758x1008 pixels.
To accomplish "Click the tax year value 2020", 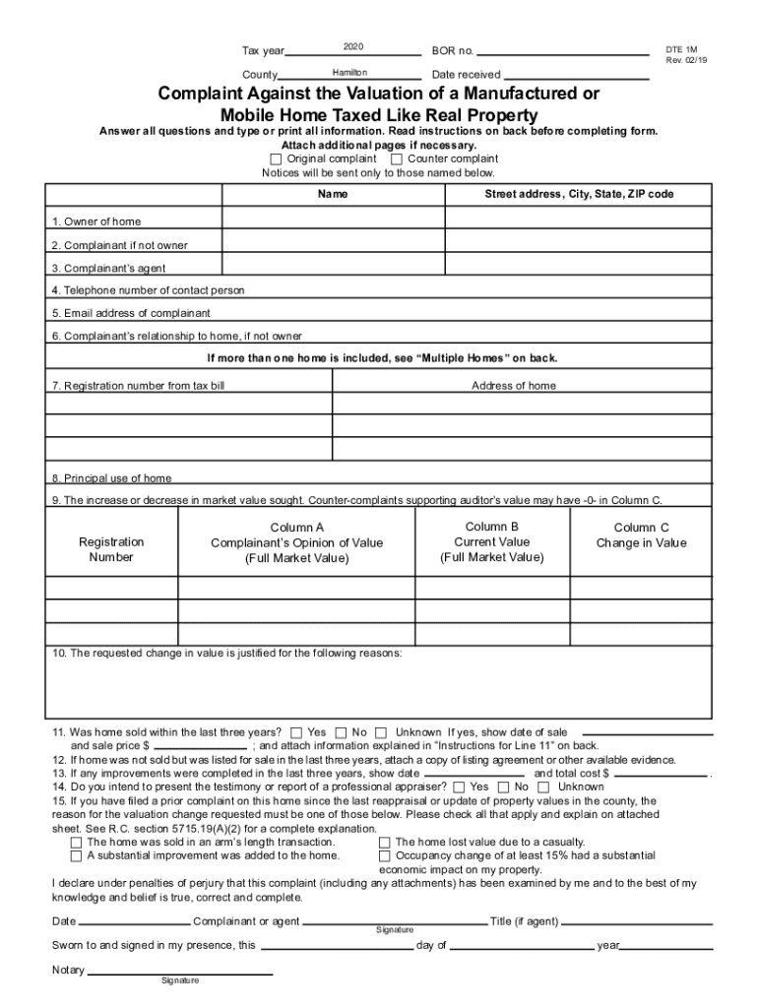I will coord(353,47).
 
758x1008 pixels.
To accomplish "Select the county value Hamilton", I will coord(349,73).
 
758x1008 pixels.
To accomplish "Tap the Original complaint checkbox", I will coord(276,158).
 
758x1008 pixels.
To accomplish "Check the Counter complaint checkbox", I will coord(397,158).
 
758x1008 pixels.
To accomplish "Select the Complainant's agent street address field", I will coord(578,266).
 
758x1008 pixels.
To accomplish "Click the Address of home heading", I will coord(513,386).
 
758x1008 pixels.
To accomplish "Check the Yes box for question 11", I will coord(296,732).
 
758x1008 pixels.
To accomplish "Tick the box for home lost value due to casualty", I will coord(385,842).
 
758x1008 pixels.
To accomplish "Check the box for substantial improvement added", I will coord(77,855).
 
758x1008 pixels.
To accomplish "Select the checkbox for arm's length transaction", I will coord(77,842).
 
